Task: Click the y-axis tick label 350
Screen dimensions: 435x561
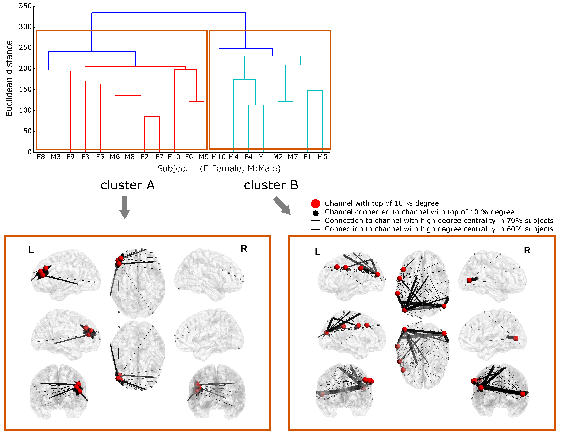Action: pos(25,6)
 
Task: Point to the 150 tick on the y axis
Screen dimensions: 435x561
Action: pos(25,89)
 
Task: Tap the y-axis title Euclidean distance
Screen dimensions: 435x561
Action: pos(9,78)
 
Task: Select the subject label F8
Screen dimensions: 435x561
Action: pos(41,157)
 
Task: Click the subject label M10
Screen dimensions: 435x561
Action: pos(218,157)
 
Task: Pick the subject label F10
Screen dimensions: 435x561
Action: pos(174,157)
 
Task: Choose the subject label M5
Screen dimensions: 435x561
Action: pos(322,157)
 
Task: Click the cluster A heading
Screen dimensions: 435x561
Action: pos(128,185)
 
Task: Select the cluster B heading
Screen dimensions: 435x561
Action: pos(271,185)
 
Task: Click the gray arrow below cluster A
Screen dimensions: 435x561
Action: pos(125,207)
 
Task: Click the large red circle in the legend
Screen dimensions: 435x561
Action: pos(315,204)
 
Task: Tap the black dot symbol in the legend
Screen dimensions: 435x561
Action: pos(315,213)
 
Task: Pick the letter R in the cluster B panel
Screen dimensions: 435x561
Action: pos(527,250)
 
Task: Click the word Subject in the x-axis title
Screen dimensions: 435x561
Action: pos(173,169)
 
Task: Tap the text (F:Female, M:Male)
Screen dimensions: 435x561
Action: pos(240,169)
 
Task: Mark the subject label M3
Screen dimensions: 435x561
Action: pos(56,157)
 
